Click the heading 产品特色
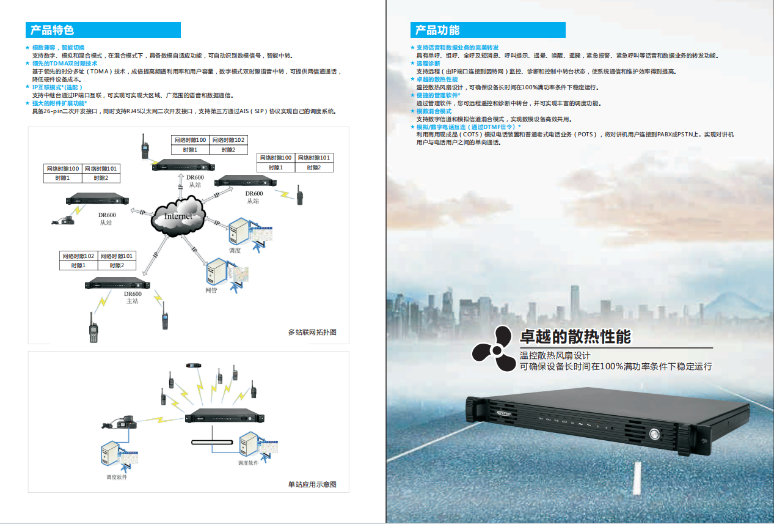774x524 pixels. point(52,30)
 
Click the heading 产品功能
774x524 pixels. point(437,30)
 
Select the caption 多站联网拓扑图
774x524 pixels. point(312,333)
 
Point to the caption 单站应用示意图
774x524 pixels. point(312,485)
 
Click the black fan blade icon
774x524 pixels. point(494,349)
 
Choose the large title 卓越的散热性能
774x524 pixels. point(575,337)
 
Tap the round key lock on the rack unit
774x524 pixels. point(654,435)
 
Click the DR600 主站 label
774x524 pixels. point(133,297)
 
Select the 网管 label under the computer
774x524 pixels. point(211,290)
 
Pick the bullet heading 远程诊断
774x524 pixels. point(428,64)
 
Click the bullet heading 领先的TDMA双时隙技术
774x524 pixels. point(65,64)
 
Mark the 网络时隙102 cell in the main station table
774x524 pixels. point(78,256)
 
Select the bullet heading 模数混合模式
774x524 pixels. point(434,111)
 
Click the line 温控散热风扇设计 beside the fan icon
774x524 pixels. point(555,355)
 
